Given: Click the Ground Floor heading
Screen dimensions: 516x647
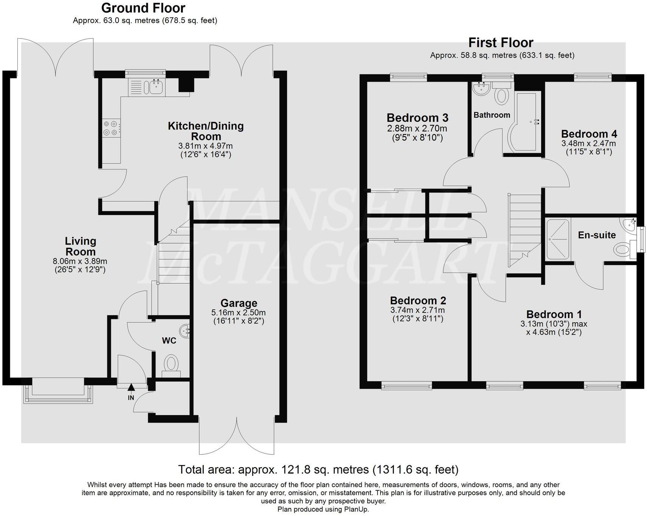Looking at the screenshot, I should (143, 8).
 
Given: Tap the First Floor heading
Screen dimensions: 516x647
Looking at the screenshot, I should (501, 42).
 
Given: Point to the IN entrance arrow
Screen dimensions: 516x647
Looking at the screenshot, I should (131, 388).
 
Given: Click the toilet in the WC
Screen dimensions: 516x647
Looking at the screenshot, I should (171, 364).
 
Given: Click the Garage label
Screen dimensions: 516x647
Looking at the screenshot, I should (239, 303).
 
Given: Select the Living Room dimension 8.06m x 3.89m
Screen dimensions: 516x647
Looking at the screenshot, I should (80, 261).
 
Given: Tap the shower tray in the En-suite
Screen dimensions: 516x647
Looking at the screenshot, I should (557, 239).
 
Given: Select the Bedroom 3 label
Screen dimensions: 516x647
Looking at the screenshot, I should (417, 118).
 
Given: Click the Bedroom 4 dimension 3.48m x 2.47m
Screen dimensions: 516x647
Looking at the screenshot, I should (588, 143).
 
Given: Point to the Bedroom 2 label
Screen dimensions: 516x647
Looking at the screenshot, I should (418, 301).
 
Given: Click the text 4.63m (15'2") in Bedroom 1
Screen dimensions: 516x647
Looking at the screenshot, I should (554, 333).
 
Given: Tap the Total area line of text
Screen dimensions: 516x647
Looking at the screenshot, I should (318, 469).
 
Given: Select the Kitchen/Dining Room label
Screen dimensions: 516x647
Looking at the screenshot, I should (206, 131).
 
